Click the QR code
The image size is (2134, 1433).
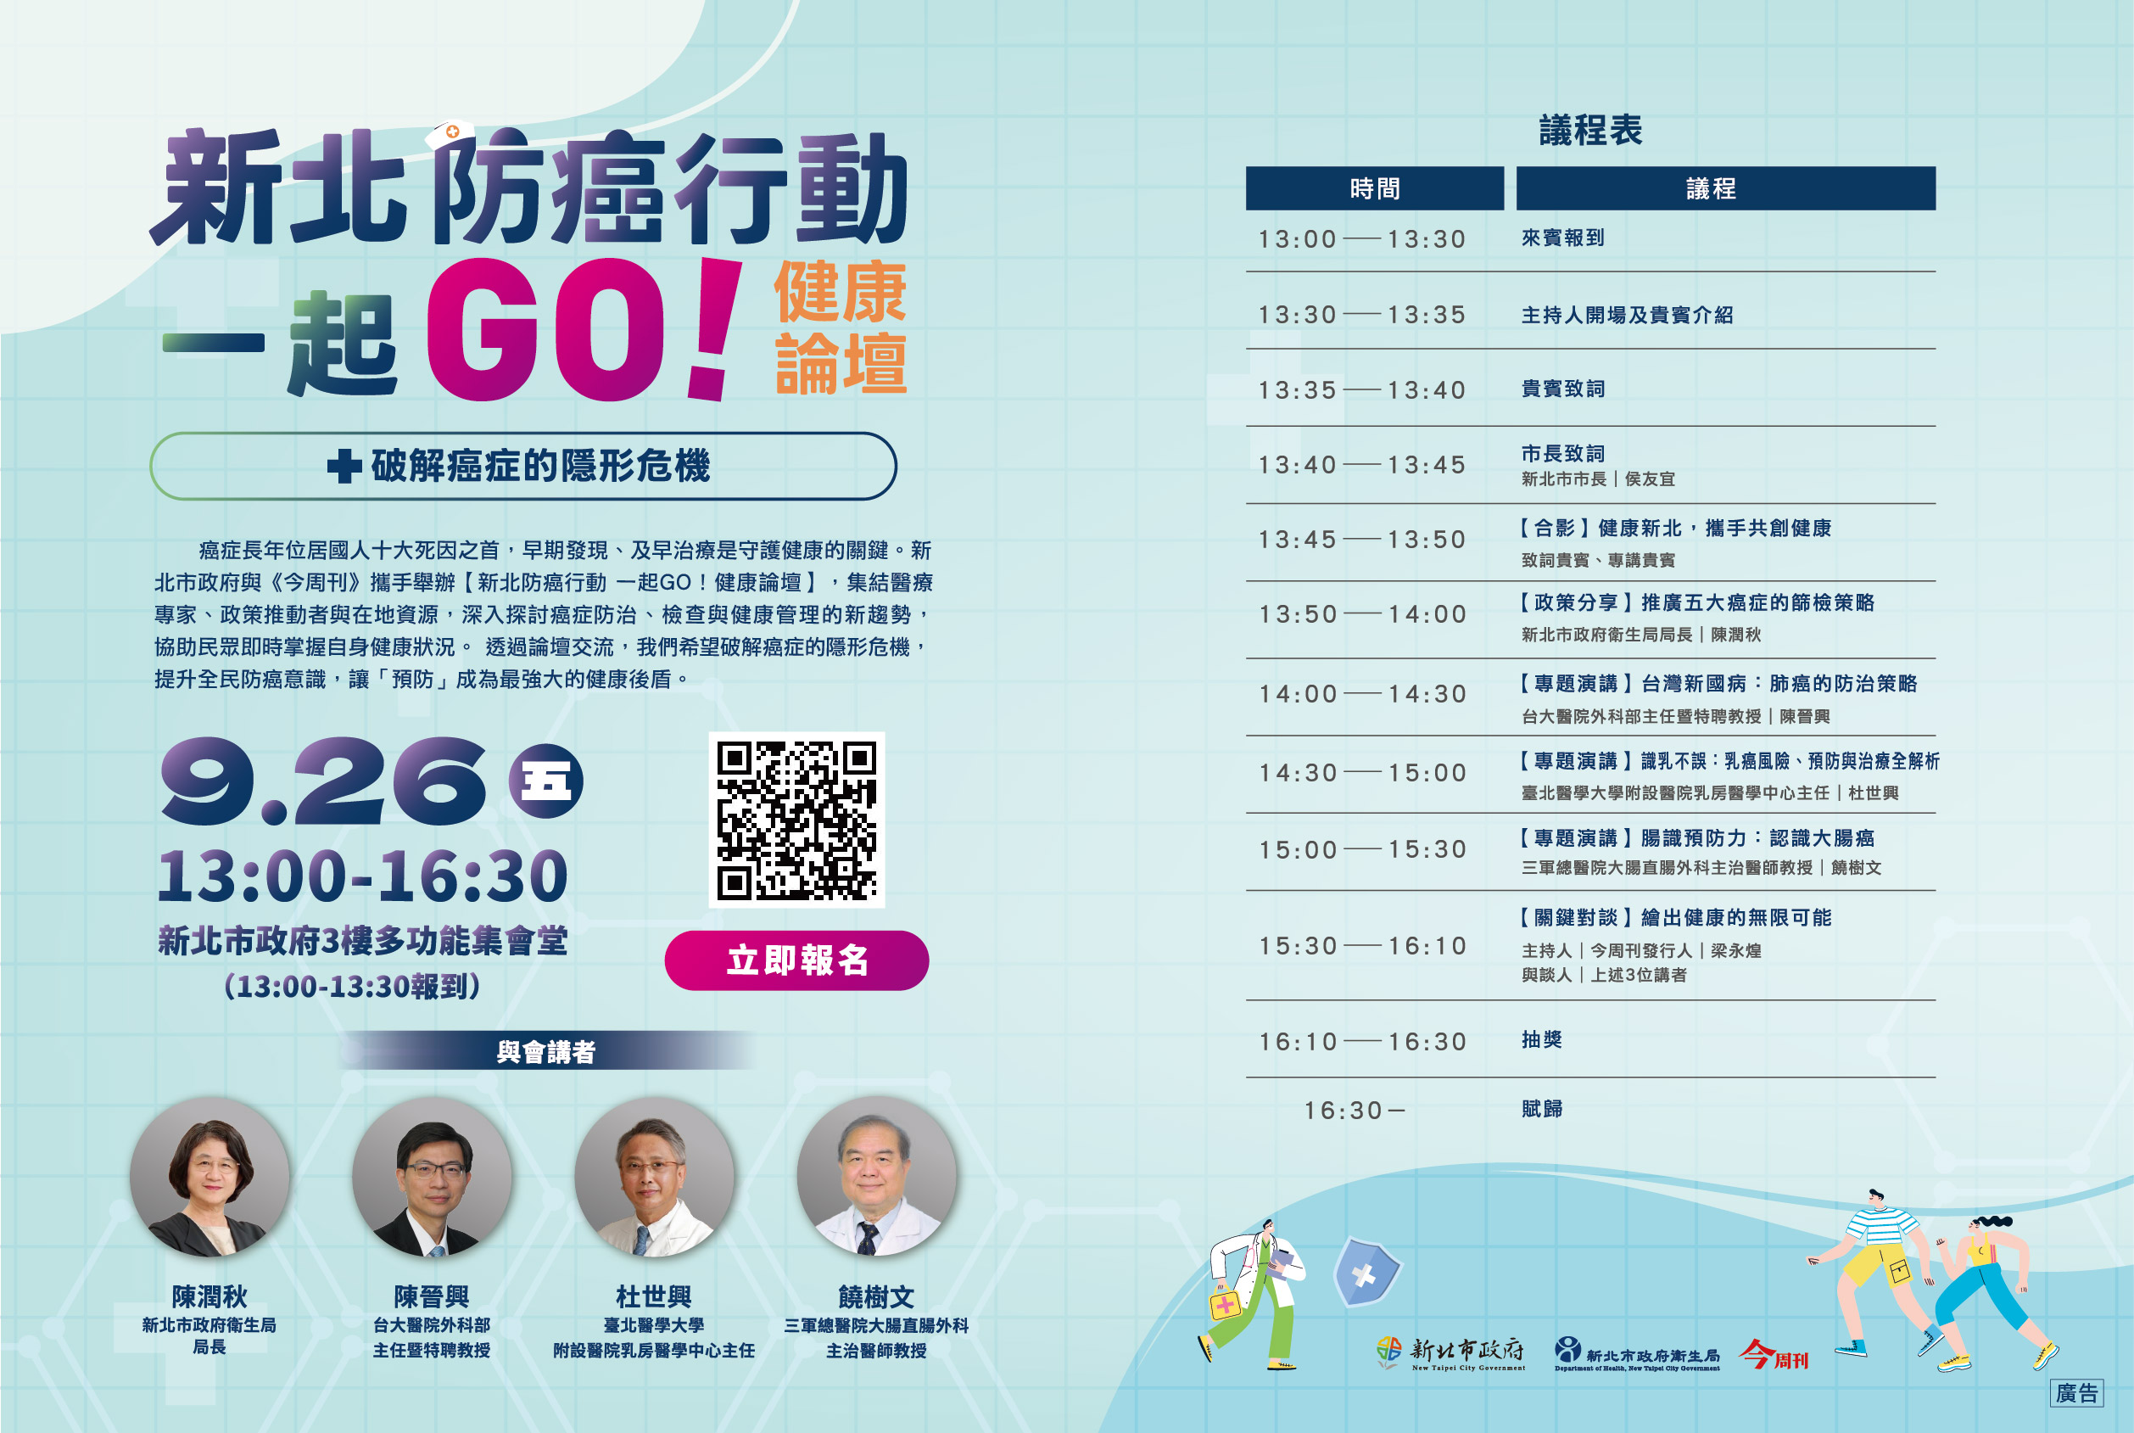pos(796,820)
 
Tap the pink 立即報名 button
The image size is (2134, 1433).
pos(796,960)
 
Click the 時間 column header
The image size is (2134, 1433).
pos(1375,188)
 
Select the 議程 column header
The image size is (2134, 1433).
pos(1726,188)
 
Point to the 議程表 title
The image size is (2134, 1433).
pos(1590,131)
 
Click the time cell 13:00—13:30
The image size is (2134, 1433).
pos(1362,239)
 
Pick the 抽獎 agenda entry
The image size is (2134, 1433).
pos(1542,1039)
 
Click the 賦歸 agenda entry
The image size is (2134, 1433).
pos(1542,1109)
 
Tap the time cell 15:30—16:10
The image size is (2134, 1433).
pos(1362,946)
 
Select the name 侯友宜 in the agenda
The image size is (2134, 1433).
pos(1650,479)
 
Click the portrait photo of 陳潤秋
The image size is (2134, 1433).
pos(210,1177)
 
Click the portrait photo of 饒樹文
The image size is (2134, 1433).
pos(877,1177)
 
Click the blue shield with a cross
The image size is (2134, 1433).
pos(1366,1271)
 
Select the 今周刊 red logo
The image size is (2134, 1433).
pos(1774,1354)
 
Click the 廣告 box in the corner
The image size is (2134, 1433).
pos(2076,1393)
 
